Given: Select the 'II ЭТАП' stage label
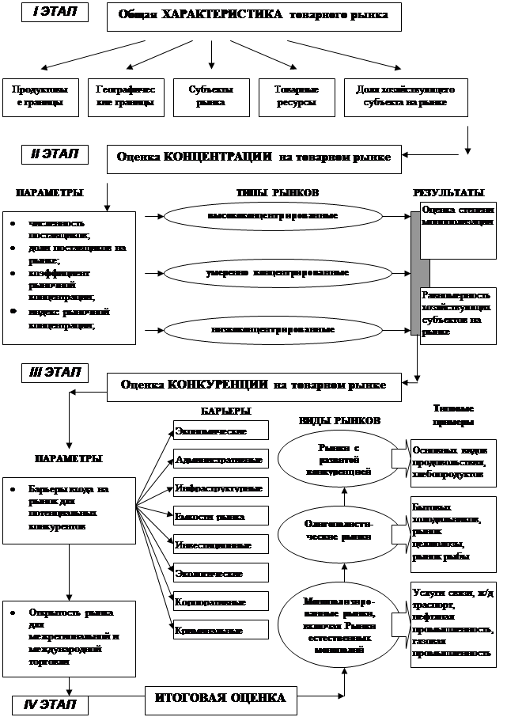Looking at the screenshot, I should point(55,154).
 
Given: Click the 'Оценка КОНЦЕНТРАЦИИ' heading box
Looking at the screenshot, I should point(254,157).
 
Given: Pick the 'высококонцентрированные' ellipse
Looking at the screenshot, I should point(274,215).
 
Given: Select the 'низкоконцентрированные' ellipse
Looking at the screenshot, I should point(274,330).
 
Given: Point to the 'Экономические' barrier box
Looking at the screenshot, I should point(221,431).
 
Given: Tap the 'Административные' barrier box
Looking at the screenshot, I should point(221,459).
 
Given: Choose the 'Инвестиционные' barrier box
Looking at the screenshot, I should point(221,545).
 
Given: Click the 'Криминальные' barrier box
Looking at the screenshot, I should point(221,631).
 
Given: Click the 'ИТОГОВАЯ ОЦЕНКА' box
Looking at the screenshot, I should point(220,698).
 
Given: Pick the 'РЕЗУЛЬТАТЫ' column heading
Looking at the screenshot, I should point(448,193).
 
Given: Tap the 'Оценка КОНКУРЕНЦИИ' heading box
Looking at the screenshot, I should point(253,385).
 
